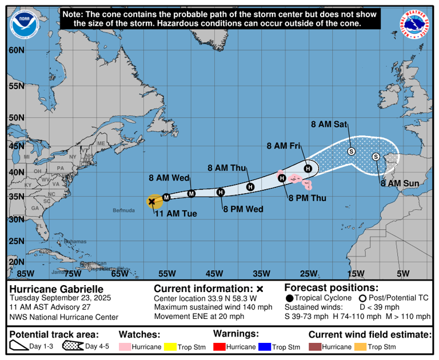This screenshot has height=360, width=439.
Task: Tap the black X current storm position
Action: point(152,201)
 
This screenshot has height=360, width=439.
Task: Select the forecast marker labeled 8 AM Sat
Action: point(352,151)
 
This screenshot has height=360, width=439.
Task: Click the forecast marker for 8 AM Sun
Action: point(376,157)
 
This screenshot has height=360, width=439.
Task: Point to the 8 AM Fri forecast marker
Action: point(308,168)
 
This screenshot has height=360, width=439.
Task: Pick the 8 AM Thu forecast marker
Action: point(250,187)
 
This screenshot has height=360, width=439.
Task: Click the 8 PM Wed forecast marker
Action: point(221,192)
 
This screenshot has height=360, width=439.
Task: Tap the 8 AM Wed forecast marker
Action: point(191,194)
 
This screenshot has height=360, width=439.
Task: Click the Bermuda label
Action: point(123,210)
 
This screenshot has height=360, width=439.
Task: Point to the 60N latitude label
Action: point(17,50)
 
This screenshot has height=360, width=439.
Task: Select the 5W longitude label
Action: point(403,273)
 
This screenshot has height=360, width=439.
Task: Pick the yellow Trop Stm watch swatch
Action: point(168,346)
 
